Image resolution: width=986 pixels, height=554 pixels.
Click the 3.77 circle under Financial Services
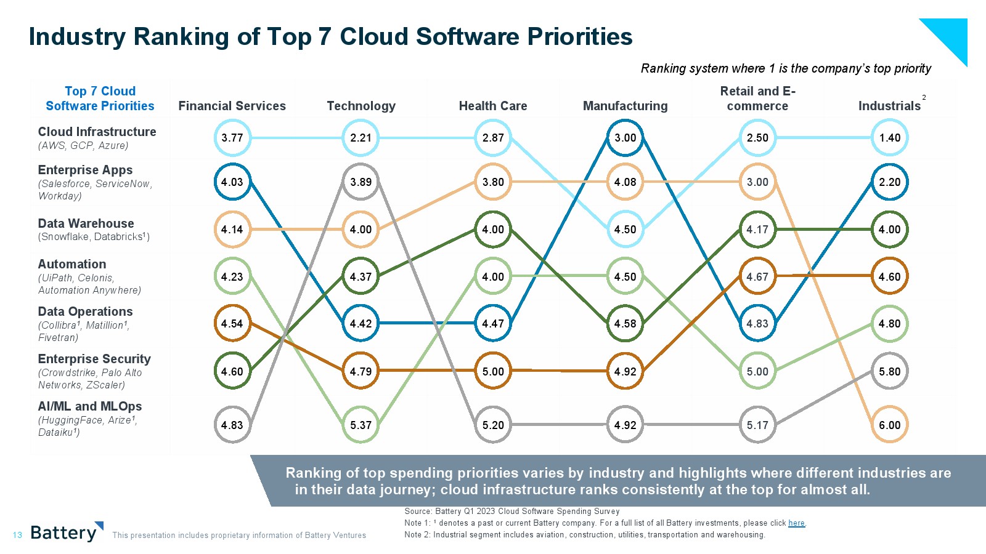pos(232,138)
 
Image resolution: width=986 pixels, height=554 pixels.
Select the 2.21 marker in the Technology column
pos(361,138)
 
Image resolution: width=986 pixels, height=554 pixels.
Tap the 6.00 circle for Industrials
pos(889,425)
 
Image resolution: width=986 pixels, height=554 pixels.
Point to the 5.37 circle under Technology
pos(361,425)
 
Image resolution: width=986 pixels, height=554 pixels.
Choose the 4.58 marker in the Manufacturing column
pos(625,324)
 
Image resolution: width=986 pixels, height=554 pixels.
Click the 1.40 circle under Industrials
pos(889,138)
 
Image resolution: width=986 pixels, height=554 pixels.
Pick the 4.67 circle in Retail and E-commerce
pos(757,276)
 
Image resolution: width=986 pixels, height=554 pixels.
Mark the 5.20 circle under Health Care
pos(493,425)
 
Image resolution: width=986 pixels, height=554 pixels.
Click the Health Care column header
pos(493,106)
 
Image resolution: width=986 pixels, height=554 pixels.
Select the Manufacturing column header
pos(625,106)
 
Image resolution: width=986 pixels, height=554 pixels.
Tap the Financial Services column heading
pos(232,106)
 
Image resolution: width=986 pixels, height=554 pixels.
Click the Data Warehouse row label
pos(86,223)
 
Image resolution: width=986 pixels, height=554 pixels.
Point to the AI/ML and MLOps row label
pos(90,406)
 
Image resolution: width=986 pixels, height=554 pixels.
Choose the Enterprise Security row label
pos(94,359)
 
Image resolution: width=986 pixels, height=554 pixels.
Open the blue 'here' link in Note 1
pos(796,523)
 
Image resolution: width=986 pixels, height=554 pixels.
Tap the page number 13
pos(17,535)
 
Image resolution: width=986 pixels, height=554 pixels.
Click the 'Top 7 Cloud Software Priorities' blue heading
pos(100,98)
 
